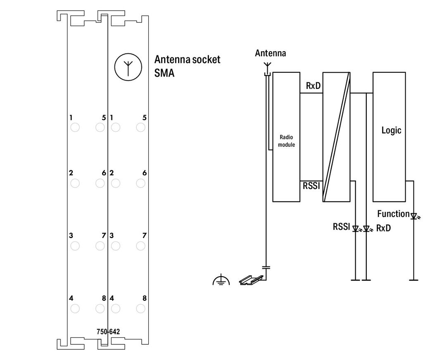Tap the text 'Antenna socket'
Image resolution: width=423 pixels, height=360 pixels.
point(187,60)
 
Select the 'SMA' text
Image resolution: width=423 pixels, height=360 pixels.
point(164,73)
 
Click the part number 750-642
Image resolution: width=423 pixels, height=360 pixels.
point(108,331)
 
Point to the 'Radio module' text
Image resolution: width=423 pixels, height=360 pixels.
point(286,141)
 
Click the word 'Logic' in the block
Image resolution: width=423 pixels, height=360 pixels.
point(391,130)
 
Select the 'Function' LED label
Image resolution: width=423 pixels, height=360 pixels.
point(393,214)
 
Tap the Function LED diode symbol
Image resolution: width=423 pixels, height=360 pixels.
point(414,216)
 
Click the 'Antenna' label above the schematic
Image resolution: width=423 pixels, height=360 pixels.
point(271,53)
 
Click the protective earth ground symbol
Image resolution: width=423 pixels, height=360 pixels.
point(221,279)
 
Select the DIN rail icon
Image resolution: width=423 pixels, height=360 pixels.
point(251,280)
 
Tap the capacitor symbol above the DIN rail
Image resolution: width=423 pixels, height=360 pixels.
point(266,267)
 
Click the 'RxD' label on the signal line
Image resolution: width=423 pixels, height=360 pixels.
point(313,86)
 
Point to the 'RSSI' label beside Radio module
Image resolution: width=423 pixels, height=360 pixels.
point(311,186)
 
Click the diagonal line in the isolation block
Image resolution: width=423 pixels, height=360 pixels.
point(337,137)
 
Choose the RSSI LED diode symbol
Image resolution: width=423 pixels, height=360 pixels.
point(356,229)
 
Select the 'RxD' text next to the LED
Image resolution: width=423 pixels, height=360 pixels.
point(383,228)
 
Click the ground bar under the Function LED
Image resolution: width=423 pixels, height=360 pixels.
point(413,280)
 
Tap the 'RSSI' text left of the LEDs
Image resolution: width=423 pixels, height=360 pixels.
point(341,226)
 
